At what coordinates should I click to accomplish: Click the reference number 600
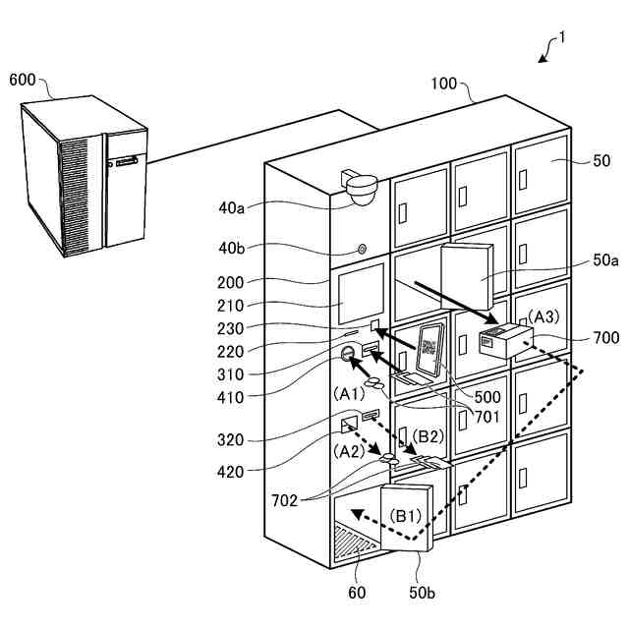click(23, 80)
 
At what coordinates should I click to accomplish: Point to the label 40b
click(232, 249)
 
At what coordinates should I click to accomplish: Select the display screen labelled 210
click(361, 294)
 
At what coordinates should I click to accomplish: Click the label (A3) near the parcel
click(543, 316)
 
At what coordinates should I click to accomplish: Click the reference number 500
click(487, 397)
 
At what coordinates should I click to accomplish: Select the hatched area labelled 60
click(355, 542)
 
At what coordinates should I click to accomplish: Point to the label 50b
click(422, 593)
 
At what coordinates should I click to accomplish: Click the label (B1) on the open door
click(406, 516)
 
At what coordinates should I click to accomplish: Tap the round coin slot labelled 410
click(347, 353)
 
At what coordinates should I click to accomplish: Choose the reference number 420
click(230, 472)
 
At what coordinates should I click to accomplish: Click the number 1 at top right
click(562, 37)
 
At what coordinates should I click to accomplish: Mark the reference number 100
click(444, 84)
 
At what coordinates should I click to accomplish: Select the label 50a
click(605, 260)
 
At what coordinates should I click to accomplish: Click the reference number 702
click(284, 500)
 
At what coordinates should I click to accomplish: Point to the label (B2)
click(429, 436)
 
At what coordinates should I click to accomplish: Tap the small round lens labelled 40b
click(362, 250)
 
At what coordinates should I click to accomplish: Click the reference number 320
click(230, 440)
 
